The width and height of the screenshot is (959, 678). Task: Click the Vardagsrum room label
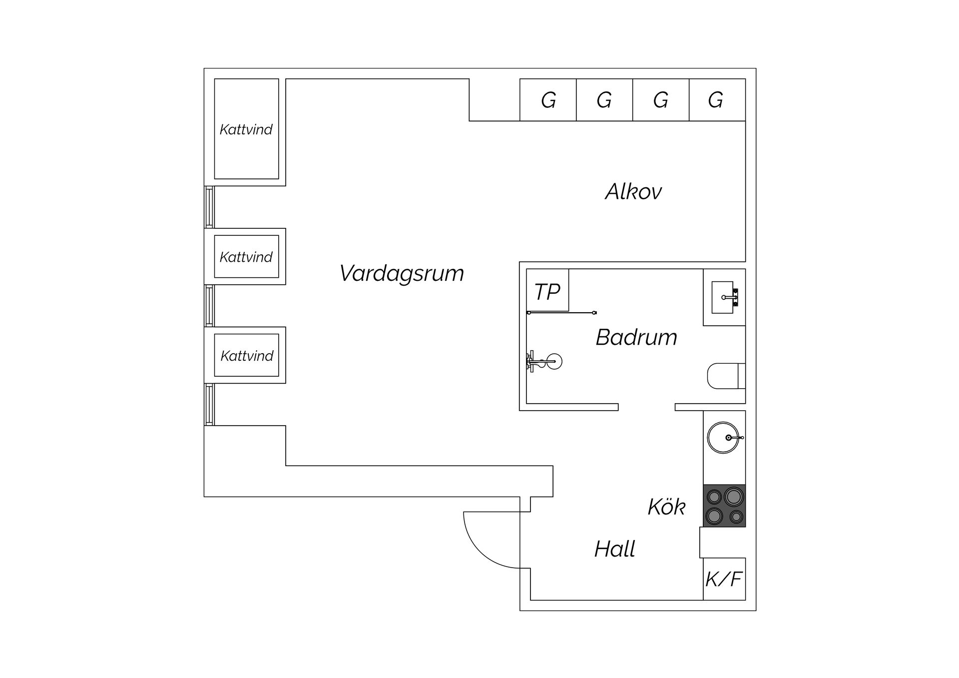click(x=402, y=273)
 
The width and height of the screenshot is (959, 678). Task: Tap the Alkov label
click(x=633, y=191)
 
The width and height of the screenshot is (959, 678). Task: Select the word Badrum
click(x=636, y=337)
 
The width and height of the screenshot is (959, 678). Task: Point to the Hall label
click(x=614, y=549)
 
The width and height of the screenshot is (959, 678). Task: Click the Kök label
click(x=666, y=507)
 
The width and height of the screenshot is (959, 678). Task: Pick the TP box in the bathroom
click(x=547, y=291)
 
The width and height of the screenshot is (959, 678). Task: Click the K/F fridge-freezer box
click(x=724, y=579)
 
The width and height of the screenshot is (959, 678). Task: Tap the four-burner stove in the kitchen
click(x=724, y=506)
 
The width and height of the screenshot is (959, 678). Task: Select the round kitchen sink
click(x=723, y=438)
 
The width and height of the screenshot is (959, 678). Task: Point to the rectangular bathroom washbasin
click(x=723, y=297)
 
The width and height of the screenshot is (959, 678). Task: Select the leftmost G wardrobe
click(x=548, y=100)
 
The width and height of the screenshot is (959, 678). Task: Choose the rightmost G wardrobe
click(x=717, y=100)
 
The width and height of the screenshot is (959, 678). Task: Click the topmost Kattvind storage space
click(x=246, y=129)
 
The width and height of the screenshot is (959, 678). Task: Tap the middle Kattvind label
click(x=246, y=257)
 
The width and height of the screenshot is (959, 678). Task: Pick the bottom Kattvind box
click(x=246, y=355)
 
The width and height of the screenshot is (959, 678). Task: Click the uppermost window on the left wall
click(x=210, y=207)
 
